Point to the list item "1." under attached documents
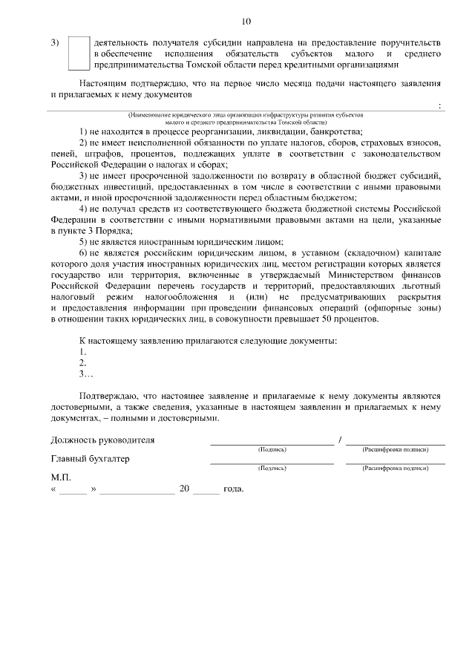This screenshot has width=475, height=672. (x=83, y=352)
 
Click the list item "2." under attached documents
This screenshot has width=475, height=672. (x=83, y=363)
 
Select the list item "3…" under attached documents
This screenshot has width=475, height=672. (x=85, y=374)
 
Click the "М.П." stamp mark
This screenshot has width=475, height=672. (x=61, y=478)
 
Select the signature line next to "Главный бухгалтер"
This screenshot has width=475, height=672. (x=271, y=463)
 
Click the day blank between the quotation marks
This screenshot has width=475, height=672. (x=73, y=491)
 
